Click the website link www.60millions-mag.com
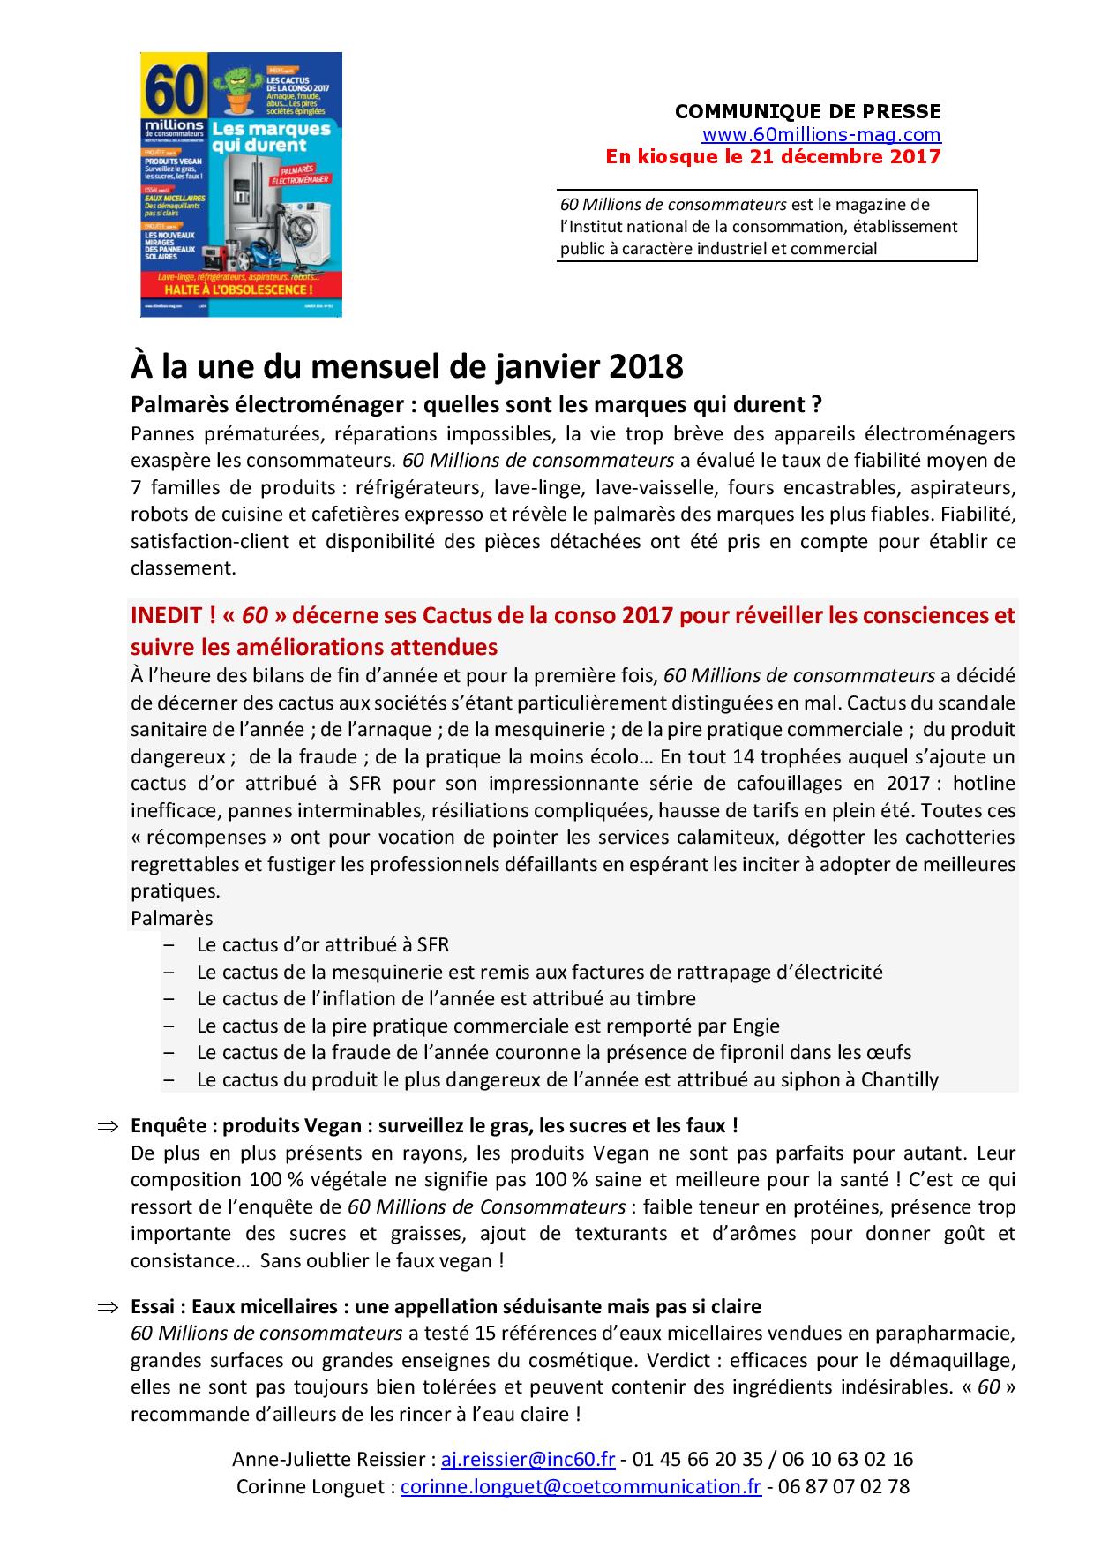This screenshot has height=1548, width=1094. pyautogui.click(x=821, y=135)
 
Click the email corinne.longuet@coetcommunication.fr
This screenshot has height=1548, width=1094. pyautogui.click(x=581, y=1486)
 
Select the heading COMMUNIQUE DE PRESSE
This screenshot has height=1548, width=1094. pyautogui.click(x=807, y=111)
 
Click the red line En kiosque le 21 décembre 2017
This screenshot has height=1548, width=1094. pyautogui.click(x=773, y=157)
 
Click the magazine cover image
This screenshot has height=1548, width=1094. pyautogui.click(x=241, y=184)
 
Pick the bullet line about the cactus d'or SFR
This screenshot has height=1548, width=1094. pyautogui.click(x=323, y=945)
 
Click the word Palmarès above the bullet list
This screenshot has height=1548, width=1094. pyautogui.click(x=171, y=919)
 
